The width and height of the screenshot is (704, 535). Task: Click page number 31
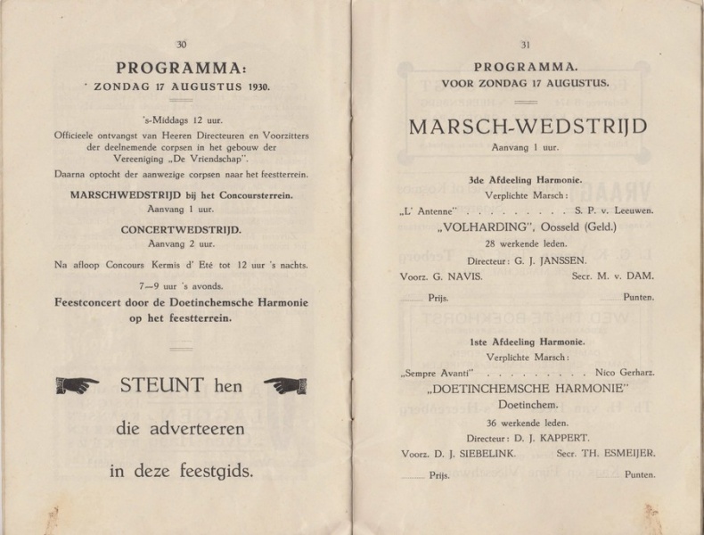tap(525, 45)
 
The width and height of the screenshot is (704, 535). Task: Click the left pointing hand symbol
tap(78, 385)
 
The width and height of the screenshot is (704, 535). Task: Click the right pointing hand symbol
tap(285, 385)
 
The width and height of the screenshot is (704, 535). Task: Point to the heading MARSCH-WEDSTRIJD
tap(528, 127)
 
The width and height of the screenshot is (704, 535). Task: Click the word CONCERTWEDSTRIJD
tap(181, 229)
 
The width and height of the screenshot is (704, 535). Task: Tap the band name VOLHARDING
tap(478, 226)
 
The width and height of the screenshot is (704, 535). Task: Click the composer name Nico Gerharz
tap(620, 371)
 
